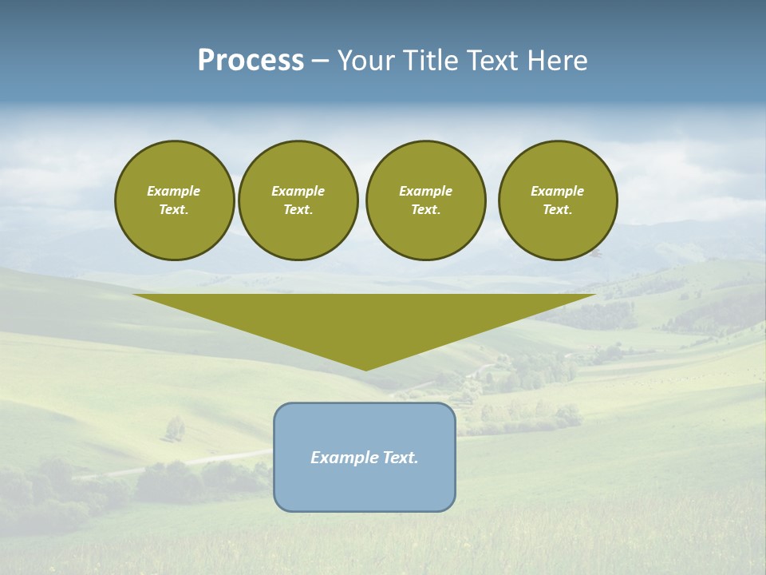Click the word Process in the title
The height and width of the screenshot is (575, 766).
(x=251, y=61)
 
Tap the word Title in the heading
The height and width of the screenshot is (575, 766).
(x=431, y=61)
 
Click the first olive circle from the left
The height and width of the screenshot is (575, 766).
(x=174, y=200)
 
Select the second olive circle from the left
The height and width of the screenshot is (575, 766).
(x=298, y=200)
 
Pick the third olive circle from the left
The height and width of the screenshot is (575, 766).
(x=426, y=200)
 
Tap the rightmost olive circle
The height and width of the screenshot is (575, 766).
(x=558, y=200)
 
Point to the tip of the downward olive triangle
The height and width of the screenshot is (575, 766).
(x=365, y=369)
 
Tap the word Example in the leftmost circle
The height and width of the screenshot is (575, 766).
(x=174, y=191)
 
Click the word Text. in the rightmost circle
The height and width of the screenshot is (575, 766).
(x=558, y=210)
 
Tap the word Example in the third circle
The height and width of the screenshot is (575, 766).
(x=426, y=191)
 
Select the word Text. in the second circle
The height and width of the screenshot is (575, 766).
(x=298, y=210)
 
